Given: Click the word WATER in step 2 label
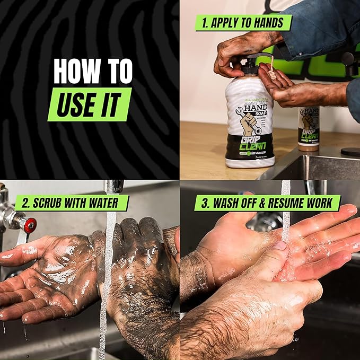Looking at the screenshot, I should (108, 203).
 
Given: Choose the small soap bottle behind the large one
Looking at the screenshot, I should (308, 127).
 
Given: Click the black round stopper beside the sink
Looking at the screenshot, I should (350, 152).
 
